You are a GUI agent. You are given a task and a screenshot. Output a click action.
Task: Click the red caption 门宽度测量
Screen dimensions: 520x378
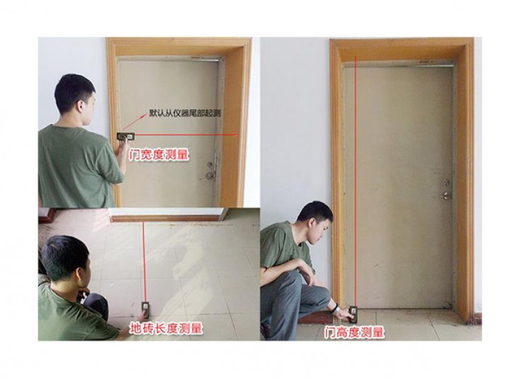[159, 154]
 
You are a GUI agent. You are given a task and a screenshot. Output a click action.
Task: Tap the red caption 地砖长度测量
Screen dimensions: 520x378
[166, 329]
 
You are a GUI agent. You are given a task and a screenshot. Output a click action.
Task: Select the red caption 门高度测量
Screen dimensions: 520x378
[354, 332]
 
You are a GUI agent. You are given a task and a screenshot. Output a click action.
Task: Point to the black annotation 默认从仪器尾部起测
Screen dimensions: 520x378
[184, 114]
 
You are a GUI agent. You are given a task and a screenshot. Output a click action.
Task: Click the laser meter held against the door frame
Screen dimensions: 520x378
[126, 136]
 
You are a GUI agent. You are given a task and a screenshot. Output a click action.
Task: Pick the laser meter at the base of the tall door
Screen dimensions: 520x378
[353, 315]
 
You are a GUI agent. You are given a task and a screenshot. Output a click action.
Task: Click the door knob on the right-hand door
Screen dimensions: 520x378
[447, 195]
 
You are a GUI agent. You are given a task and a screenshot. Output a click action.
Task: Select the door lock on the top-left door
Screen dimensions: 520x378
[208, 175]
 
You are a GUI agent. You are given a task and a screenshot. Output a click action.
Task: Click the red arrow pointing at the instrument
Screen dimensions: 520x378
[134, 122]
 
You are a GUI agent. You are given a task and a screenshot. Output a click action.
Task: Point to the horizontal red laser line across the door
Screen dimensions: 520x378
[185, 135]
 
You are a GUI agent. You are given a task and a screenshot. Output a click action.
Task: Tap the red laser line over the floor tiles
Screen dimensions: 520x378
[144, 262]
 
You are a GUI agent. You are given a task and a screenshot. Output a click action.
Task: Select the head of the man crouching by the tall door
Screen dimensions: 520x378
[314, 222]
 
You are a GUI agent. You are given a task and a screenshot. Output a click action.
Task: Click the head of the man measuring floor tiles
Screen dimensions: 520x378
[66, 259]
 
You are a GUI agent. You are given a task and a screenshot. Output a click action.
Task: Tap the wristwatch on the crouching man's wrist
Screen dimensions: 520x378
[336, 309]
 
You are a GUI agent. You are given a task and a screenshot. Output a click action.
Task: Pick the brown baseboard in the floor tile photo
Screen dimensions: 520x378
[165, 219]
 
